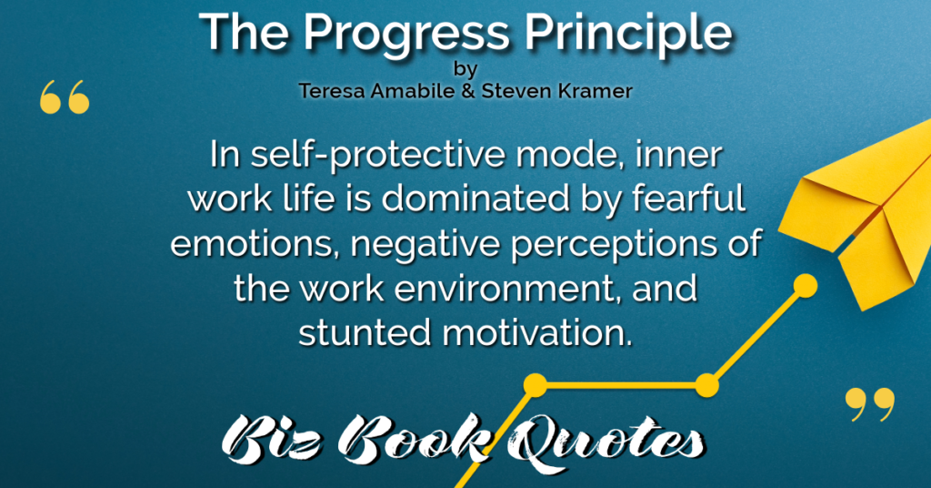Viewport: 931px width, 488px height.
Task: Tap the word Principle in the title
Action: (628, 34)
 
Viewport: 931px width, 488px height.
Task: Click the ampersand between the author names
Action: (467, 91)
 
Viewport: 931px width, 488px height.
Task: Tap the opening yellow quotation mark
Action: (65, 97)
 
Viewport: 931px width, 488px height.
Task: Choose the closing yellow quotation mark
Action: (870, 405)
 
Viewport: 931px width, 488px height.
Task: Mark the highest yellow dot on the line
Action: (806, 286)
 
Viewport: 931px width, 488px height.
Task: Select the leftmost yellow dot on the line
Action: (535, 385)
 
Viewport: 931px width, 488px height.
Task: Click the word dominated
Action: (472, 199)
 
